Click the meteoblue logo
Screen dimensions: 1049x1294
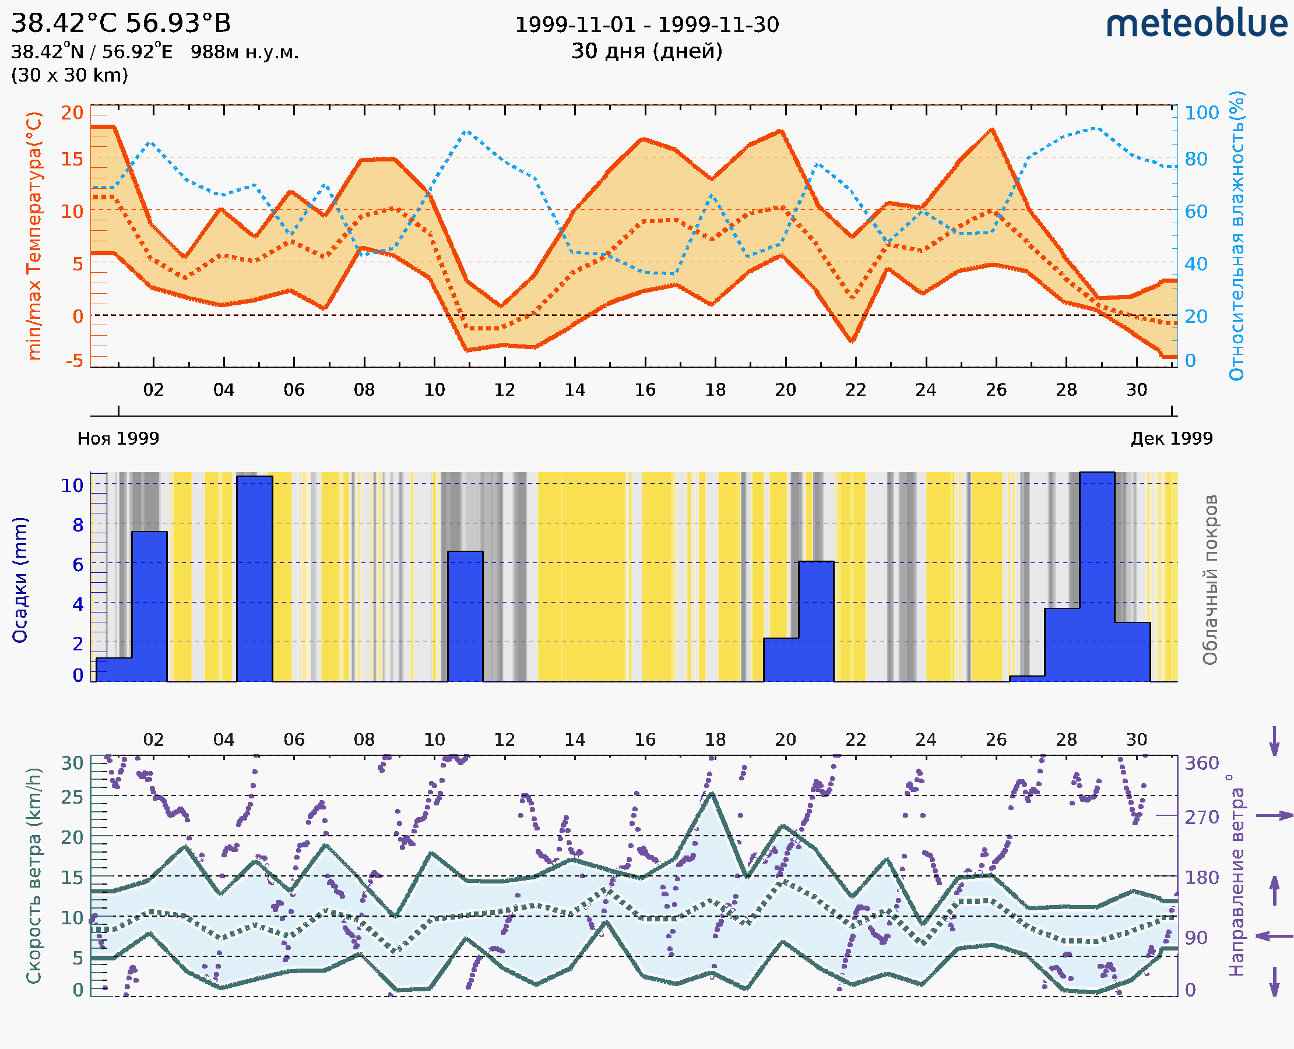tap(1196, 24)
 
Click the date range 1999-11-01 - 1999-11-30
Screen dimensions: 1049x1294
tap(646, 25)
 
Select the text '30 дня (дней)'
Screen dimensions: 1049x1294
tap(646, 51)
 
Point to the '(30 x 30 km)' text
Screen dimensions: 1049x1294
tap(69, 76)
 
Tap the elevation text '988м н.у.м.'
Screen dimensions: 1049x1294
tap(245, 52)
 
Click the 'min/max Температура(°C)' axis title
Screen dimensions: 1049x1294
tap(34, 235)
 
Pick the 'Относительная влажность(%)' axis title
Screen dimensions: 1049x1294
tap(1236, 235)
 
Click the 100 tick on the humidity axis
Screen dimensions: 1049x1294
tap(1201, 113)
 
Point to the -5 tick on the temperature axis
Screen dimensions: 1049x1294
tap(75, 361)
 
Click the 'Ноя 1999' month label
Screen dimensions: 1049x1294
tap(118, 439)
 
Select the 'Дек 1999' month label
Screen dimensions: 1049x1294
tap(1172, 439)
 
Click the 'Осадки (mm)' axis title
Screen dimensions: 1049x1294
tap(20, 580)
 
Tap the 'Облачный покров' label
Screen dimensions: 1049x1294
tap(1210, 580)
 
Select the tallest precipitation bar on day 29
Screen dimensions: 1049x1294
tap(1097, 577)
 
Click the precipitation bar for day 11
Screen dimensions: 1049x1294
tap(465, 617)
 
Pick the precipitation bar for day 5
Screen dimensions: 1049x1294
tap(255, 579)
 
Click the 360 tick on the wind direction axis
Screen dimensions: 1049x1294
tap(1201, 763)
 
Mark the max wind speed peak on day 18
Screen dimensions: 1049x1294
tap(712, 794)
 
